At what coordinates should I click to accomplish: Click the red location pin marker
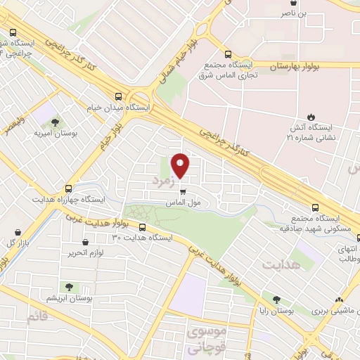(x=181, y=165)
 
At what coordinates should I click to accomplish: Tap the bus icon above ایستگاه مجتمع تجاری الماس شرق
(x=228, y=54)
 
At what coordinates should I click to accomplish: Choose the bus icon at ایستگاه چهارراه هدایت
(x=68, y=188)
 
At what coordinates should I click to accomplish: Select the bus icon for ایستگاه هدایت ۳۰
(x=142, y=227)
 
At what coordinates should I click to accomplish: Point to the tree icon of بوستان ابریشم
(x=69, y=286)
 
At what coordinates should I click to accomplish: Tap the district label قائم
(x=39, y=317)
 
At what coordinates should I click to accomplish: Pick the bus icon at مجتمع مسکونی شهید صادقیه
(x=315, y=207)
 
